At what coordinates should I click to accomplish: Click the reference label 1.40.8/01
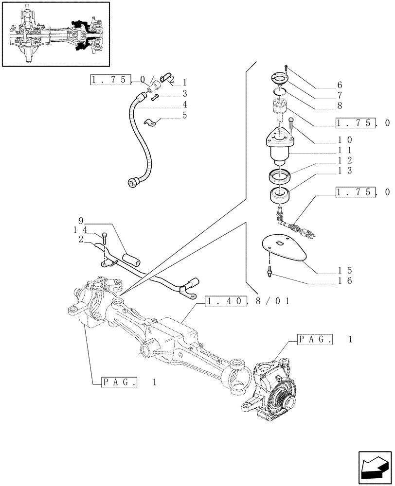coord(248,301)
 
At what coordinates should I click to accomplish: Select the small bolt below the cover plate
coord(269,273)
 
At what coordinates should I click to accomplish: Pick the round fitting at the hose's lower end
coord(131,182)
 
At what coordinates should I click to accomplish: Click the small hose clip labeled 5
coord(151,122)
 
